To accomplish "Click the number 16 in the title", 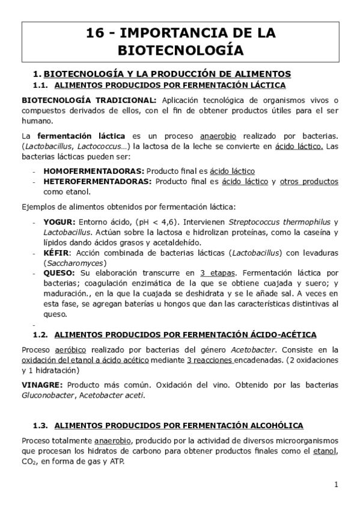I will pos(96,32).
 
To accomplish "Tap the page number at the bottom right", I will pos(337,484).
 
